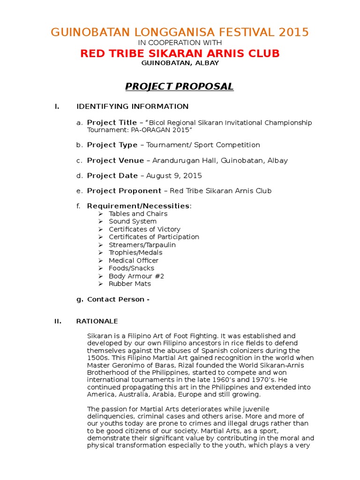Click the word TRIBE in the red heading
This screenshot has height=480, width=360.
(x=126, y=53)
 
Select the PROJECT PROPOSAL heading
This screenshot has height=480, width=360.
(x=179, y=86)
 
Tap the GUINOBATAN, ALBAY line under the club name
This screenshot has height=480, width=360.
(x=180, y=63)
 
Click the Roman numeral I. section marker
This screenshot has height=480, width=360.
(x=57, y=106)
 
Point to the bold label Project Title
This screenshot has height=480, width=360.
(x=112, y=122)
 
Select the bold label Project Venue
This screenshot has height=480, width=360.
(x=115, y=160)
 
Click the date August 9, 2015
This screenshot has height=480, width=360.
(x=174, y=176)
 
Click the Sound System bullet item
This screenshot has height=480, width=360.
(x=133, y=221)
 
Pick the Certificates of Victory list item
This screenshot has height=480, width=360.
(x=144, y=229)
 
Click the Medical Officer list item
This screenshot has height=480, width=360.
(x=134, y=261)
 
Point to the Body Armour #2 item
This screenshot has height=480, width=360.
(x=136, y=276)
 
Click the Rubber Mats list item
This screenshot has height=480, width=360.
(x=130, y=284)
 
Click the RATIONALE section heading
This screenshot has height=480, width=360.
(x=97, y=321)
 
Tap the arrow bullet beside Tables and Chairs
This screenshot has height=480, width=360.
(x=100, y=214)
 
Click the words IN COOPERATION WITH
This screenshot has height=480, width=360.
(x=180, y=43)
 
